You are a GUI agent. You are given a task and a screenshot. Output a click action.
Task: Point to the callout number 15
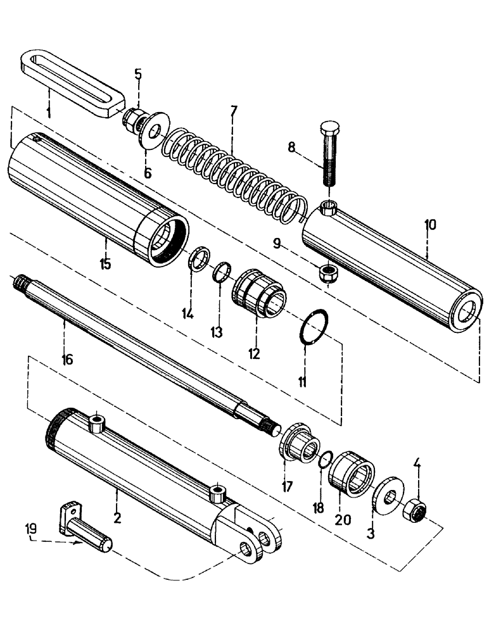point(105,264)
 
